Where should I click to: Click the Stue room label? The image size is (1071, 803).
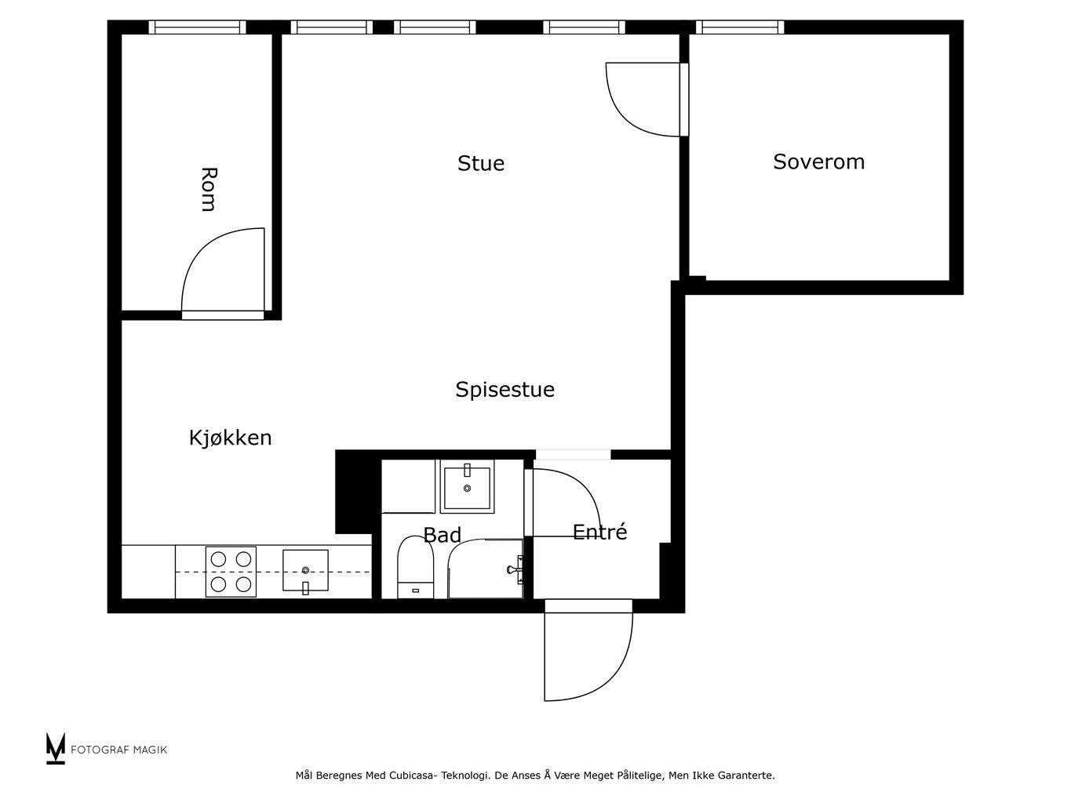tap(481, 163)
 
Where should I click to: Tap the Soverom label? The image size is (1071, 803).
tap(818, 162)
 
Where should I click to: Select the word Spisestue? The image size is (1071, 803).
tap(505, 390)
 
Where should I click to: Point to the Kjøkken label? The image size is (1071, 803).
tap(231, 438)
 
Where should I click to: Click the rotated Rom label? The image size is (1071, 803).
tap(209, 189)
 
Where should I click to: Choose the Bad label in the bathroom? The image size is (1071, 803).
tap(442, 535)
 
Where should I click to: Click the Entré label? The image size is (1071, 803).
tap(599, 532)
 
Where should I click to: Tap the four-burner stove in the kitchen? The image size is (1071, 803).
tap(231, 572)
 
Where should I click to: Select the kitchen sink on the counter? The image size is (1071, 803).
tap(305, 570)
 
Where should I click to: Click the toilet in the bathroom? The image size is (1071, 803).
tap(415, 566)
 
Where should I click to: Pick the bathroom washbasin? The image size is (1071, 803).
tap(467, 486)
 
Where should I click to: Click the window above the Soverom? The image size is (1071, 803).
tap(740, 27)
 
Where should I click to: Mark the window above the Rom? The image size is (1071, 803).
tap(197, 27)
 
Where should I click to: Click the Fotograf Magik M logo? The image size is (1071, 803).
tap(56, 748)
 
